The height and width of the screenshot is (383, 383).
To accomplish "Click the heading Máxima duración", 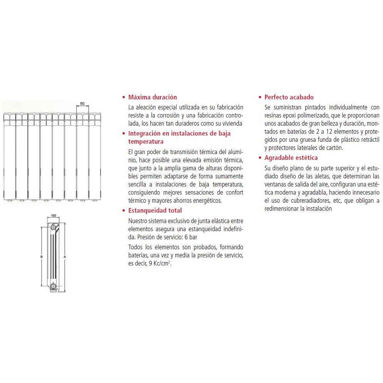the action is (153, 97).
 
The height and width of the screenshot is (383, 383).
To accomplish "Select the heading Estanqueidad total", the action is (155, 210).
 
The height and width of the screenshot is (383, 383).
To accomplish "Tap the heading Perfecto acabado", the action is (289, 97).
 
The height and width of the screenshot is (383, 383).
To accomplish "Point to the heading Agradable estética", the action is (291, 158).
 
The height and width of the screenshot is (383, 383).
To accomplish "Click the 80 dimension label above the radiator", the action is (82, 104).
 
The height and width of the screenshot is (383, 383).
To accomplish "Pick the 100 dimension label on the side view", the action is (54, 215).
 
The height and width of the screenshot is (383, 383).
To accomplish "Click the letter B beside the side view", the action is (42, 257).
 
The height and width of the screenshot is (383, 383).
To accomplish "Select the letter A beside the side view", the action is (65, 257).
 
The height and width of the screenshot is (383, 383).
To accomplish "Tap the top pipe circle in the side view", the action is (54, 227).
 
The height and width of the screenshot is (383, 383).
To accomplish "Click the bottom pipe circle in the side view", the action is (54, 286).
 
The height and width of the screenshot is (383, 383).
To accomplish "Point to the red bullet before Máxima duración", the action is (124, 97).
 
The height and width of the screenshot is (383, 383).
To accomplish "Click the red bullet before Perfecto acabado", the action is (260, 97).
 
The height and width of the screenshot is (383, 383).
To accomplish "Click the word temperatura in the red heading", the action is (146, 142).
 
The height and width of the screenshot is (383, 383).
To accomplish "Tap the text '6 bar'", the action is (191, 237).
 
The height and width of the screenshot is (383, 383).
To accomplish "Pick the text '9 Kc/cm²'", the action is (160, 263).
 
